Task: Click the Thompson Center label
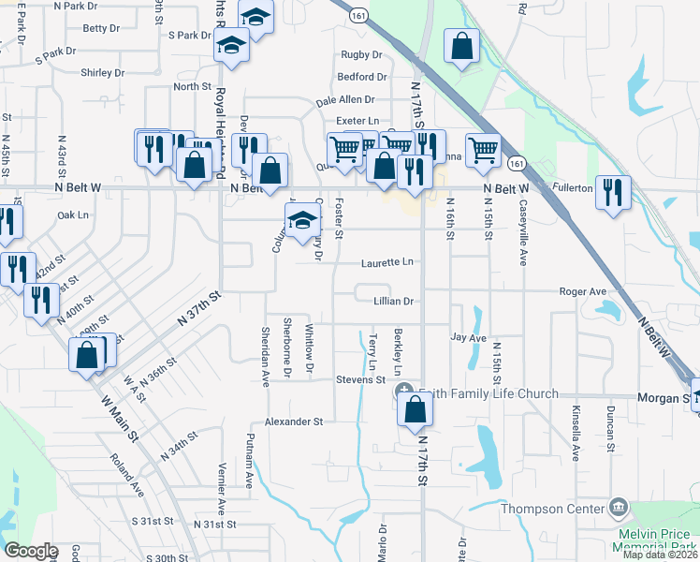point(553,510)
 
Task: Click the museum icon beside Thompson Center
point(617,509)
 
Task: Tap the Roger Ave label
point(582,292)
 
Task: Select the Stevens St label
point(361,379)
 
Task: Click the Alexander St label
point(293,422)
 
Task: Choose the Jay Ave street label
point(468,337)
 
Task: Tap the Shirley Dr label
point(102,72)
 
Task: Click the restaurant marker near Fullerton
point(612,192)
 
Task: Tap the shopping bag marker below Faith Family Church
point(414,409)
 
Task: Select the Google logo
point(31,551)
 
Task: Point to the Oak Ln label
point(72,215)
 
